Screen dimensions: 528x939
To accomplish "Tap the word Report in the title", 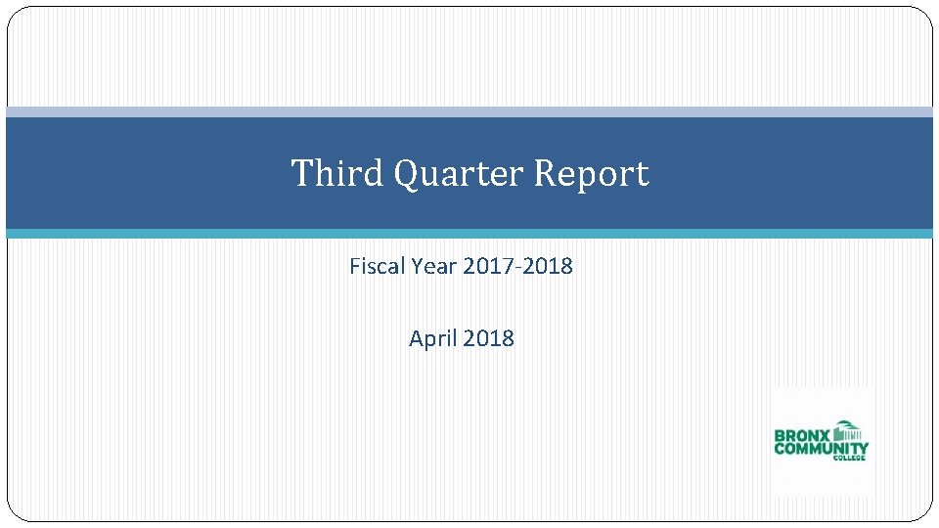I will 591,173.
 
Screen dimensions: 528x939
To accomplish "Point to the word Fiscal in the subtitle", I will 374,265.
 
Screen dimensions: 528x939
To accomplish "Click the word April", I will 433,339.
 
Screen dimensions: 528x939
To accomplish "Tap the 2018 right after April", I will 488,338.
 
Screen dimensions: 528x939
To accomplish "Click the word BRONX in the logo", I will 802,436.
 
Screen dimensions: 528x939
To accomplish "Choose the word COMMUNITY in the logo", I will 821,449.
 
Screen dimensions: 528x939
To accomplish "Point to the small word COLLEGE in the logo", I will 848,459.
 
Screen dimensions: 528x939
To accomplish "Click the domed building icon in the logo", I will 847,431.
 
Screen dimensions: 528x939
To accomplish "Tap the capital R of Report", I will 545,173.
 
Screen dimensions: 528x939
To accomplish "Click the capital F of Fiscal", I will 354,265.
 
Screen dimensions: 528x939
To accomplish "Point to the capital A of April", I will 416,338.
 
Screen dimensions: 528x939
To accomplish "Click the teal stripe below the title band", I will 469,234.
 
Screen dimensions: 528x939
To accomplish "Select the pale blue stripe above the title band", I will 469,111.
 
